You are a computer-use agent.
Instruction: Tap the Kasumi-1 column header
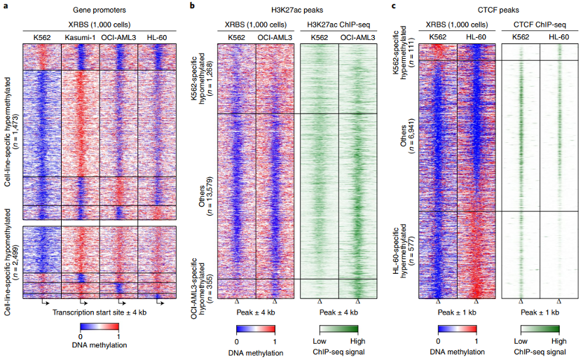click(x=80, y=36)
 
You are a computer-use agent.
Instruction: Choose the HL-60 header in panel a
click(x=156, y=36)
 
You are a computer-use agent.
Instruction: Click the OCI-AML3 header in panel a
click(x=118, y=36)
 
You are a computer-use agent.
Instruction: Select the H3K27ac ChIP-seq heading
click(x=338, y=24)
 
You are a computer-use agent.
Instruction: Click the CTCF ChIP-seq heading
click(x=540, y=24)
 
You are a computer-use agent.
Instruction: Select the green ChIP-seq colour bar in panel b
click(x=338, y=329)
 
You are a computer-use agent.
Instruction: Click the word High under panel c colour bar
click(x=559, y=340)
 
